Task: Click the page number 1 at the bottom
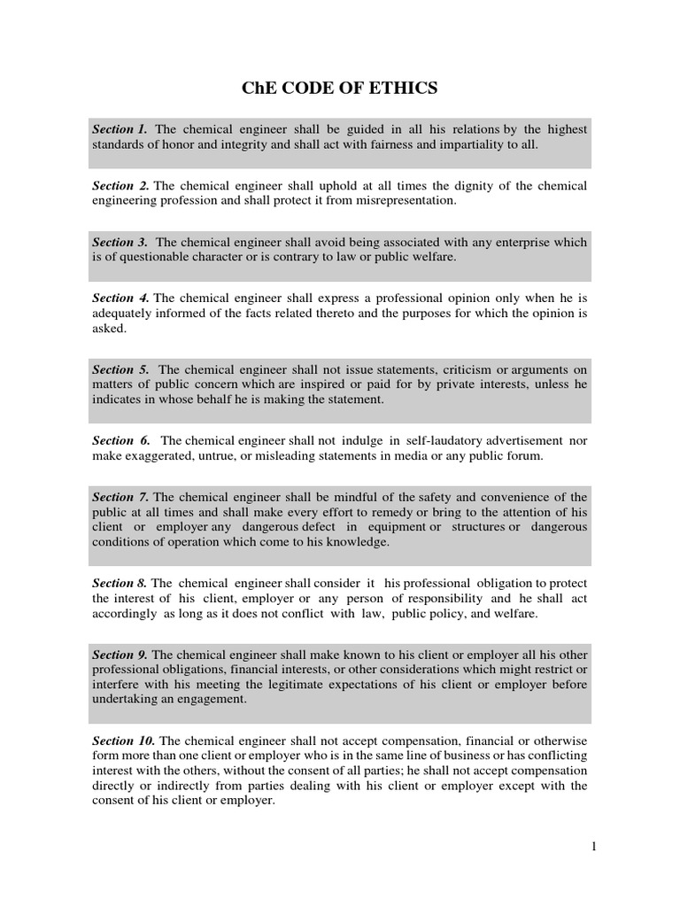594,847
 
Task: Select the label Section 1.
120,129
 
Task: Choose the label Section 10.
124,740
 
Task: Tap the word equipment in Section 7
397,527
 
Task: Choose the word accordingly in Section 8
126,613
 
